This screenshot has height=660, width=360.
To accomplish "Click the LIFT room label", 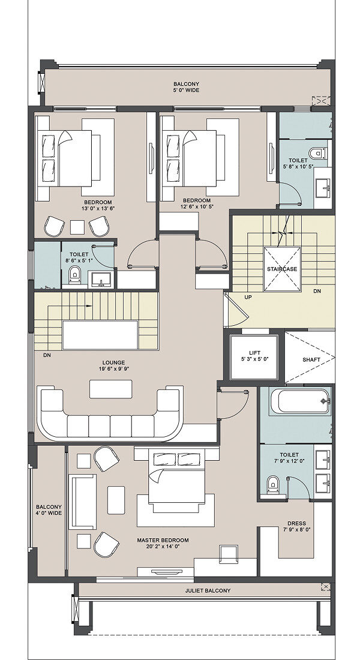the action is pyautogui.click(x=254, y=353).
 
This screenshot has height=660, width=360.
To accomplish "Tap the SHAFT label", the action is pyautogui.click(x=311, y=359).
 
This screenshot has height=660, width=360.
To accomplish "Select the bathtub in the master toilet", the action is pyautogui.click(x=300, y=401).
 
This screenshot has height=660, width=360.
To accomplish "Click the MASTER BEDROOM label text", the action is pyautogui.click(x=163, y=540).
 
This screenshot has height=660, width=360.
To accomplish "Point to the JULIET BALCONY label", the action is pyautogui.click(x=208, y=590).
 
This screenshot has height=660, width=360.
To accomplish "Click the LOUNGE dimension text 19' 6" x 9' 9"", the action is pyautogui.click(x=113, y=369).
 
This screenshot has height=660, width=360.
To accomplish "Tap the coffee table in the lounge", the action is pyautogui.click(x=111, y=389).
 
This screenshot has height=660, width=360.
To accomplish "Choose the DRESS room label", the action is pyautogui.click(x=296, y=524).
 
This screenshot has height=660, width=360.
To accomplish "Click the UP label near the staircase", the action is pyautogui.click(x=248, y=297).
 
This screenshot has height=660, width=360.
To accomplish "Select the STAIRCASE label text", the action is pyautogui.click(x=282, y=269).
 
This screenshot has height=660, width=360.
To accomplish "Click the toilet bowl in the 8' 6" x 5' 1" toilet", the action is pyautogui.click(x=74, y=274).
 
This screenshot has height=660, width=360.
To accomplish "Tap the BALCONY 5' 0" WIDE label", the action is pyautogui.click(x=186, y=87).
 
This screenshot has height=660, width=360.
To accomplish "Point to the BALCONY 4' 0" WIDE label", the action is pyautogui.click(x=49, y=510).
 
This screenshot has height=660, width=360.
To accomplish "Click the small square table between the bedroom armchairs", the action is pyautogui.click(x=77, y=227).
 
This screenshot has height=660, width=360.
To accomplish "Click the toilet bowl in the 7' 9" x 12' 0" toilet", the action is pyautogui.click(x=273, y=484).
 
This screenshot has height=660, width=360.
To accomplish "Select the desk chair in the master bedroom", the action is pyautogui.click(x=229, y=554).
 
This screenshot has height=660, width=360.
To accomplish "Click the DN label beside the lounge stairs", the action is pyautogui.click(x=47, y=355).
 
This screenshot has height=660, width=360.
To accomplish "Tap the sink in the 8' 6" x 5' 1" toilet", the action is pyautogui.click(x=101, y=278).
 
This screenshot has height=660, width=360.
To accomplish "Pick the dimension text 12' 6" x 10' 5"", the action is pyautogui.click(x=197, y=206).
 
